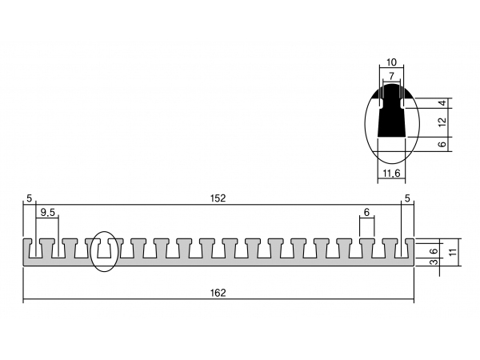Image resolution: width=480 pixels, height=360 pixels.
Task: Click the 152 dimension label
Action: pos(218,198)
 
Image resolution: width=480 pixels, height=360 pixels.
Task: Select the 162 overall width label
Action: pos(218,293)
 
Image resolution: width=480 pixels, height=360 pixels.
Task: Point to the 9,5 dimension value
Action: pos(47,212)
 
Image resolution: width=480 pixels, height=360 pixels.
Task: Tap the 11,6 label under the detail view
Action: pos(391,174)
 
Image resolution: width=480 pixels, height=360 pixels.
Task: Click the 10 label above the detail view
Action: pos(391,62)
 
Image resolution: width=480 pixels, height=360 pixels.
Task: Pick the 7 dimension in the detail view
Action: pos(391,76)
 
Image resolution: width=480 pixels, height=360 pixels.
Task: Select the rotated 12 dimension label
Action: pos(442,122)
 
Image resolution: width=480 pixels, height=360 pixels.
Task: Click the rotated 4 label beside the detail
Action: pos(442,103)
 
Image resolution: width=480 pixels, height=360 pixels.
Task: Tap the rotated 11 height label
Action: pos(453,252)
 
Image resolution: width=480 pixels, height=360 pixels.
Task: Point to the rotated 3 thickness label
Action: pos(434,262)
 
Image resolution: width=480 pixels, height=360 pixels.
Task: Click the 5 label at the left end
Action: pos(29,198)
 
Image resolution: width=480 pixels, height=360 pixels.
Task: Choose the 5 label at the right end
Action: pos(407,198)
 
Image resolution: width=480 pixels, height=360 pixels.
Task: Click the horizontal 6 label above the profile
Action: pos(366,212)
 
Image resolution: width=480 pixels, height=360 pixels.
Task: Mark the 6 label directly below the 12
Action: pos(442,144)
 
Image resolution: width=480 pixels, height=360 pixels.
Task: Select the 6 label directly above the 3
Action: pos(434,252)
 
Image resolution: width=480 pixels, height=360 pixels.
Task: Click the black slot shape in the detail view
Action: pos(391,116)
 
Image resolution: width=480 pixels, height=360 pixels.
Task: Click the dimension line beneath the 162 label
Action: pos(218,299)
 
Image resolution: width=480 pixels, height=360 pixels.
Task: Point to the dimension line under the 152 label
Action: pos(218,205)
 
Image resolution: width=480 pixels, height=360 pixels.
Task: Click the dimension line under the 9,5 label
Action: pos(47,218)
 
